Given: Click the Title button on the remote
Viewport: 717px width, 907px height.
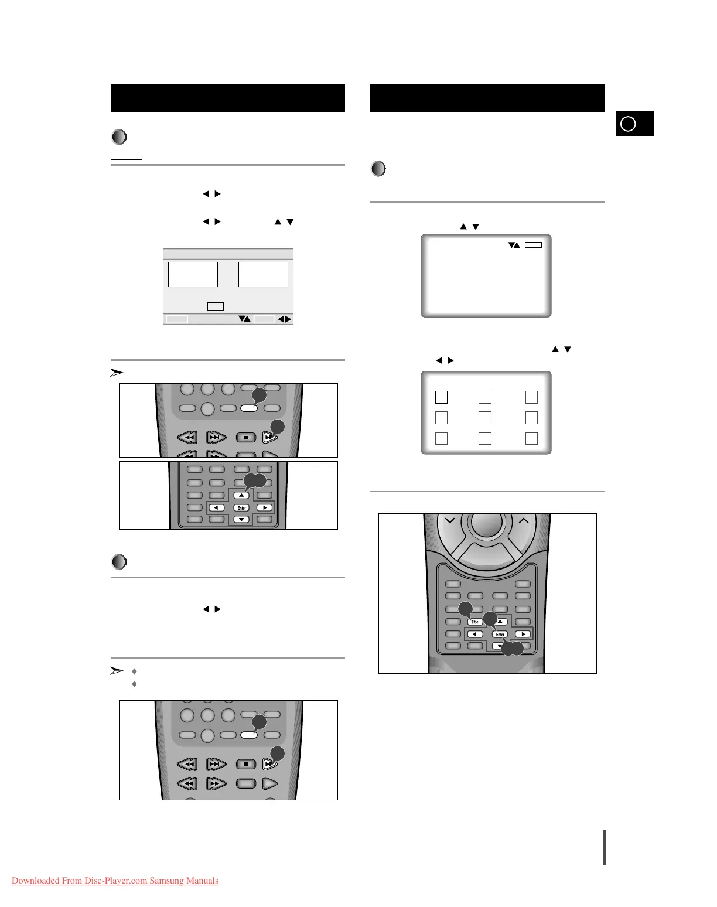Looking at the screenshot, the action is (475, 622).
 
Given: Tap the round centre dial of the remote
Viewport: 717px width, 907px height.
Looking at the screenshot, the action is (487, 525).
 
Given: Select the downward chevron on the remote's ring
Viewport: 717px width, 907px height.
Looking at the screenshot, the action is (449, 520).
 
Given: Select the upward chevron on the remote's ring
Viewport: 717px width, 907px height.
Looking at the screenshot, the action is (524, 520).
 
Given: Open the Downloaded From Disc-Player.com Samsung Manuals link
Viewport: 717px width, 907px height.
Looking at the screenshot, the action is (115, 881).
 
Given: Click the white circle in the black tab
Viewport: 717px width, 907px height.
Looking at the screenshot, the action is (628, 124).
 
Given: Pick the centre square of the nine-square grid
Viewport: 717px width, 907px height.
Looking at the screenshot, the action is (485, 418).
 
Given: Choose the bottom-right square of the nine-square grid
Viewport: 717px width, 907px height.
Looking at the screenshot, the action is (531, 438).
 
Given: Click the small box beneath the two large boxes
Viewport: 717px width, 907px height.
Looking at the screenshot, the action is (216, 306).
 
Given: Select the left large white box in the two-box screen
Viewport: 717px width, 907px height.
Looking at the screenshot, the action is (193, 274).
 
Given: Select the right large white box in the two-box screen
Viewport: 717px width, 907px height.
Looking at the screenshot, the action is (263, 274).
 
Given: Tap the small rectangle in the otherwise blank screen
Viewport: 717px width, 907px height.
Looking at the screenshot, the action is (533, 245).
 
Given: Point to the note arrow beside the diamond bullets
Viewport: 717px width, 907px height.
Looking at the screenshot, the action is (117, 671).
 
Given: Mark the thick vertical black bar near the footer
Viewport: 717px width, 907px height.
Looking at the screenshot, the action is (605, 847).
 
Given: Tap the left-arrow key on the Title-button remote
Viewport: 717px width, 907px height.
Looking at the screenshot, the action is (474, 634).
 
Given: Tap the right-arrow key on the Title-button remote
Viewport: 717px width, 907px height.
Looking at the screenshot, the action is (523, 634).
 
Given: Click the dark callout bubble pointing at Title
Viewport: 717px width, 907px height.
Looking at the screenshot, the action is (465, 609).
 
